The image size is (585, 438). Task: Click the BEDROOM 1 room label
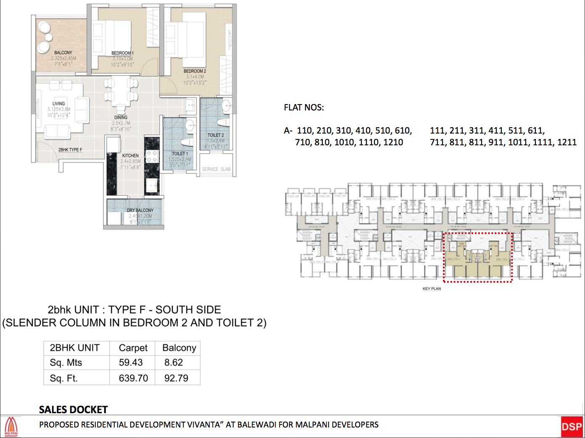pos(122,53)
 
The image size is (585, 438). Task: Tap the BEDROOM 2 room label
pos(195,71)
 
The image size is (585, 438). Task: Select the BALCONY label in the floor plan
pos(63,53)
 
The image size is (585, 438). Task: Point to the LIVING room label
pos(58,104)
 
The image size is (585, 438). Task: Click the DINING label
pos(121,118)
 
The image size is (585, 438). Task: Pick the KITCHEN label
pos(130,156)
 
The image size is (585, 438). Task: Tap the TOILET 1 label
pos(180,154)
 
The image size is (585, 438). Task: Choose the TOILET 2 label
pos(216,135)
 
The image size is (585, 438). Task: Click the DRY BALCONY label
pos(140,210)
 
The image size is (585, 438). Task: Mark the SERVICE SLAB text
pos(216,169)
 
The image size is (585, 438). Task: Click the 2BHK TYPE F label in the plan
pos(70,150)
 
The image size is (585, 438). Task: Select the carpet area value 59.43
pos(131,362)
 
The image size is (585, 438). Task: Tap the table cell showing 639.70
pos(133,378)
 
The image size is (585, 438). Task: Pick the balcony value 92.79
pos(176,378)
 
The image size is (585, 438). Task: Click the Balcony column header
pos(179,348)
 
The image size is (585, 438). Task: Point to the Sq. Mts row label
pos(66,362)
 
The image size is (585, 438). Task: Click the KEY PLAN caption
pos(432,289)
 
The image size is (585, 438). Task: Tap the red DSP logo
pos(572,427)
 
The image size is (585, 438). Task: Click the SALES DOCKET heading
pos(73,409)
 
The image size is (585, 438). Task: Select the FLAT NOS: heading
pos(304,108)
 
